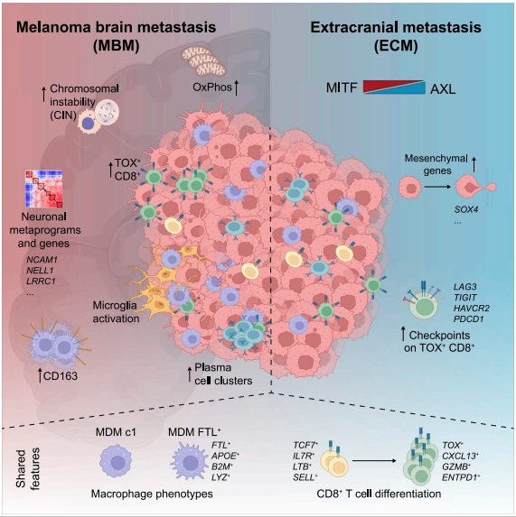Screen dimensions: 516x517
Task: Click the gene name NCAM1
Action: tap(42, 260)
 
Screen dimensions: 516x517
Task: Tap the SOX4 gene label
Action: tap(465, 209)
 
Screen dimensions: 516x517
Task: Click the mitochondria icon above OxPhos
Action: tap(203, 60)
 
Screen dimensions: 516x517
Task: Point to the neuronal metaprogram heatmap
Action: tap(44, 189)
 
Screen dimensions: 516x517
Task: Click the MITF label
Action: tap(342, 88)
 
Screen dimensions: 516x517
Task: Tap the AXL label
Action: tap(443, 89)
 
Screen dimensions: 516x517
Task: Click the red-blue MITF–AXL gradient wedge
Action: tap(394, 87)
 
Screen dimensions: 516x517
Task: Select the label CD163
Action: tap(60, 376)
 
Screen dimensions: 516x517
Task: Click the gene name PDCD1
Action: tap(468, 319)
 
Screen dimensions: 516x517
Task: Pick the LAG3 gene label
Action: tap(464, 287)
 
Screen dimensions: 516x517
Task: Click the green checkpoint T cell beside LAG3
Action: tap(423, 304)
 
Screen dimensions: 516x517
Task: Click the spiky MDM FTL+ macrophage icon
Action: tap(190, 462)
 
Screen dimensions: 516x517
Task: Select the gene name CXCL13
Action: tap(460, 456)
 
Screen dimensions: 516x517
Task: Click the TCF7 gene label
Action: tap(305, 446)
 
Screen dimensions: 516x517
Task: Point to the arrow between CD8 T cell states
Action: tap(374, 461)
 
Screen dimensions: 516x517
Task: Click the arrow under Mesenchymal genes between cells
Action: tap(437, 187)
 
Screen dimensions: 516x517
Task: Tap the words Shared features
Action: tap(27, 468)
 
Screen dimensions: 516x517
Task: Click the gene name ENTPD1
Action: tap(461, 477)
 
